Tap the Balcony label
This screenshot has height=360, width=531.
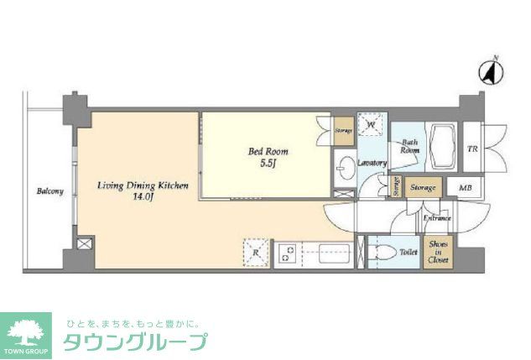click(x=49, y=191)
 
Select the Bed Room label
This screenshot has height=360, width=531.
click(x=268, y=152)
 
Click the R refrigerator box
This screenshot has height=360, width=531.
click(x=255, y=252)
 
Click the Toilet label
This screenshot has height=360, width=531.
click(x=409, y=252)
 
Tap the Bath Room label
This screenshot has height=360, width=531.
click(x=410, y=147)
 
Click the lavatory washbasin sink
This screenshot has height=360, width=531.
click(x=345, y=166)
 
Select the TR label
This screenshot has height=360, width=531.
click(x=473, y=149)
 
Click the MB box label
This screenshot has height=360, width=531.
click(x=465, y=188)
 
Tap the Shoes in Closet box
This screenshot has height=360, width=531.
click(x=438, y=251)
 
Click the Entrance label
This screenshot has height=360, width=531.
click(x=436, y=218)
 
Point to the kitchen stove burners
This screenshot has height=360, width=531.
click(x=288, y=253)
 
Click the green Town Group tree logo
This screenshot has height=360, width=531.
click(x=26, y=333)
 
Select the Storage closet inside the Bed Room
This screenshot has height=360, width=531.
click(x=343, y=130)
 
